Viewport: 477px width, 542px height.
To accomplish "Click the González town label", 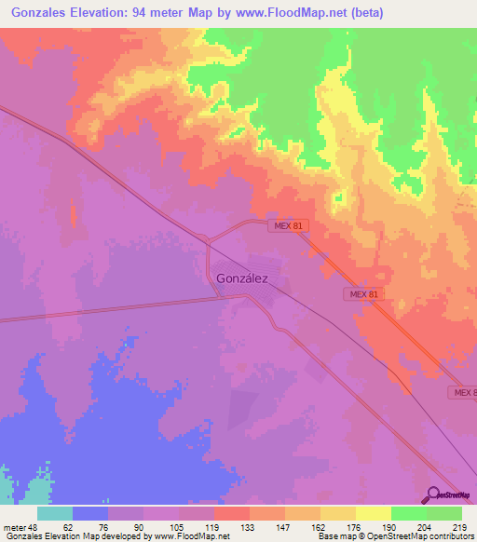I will (241, 278).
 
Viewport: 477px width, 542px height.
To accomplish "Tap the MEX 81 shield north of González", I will (286, 226).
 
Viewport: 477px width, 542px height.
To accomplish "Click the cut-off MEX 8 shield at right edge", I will (464, 394).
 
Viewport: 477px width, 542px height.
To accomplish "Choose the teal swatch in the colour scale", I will (55, 513).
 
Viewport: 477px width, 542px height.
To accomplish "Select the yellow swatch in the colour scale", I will (374, 513).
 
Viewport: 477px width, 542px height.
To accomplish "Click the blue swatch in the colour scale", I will (90, 513).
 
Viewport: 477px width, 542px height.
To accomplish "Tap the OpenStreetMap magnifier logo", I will (432, 495).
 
